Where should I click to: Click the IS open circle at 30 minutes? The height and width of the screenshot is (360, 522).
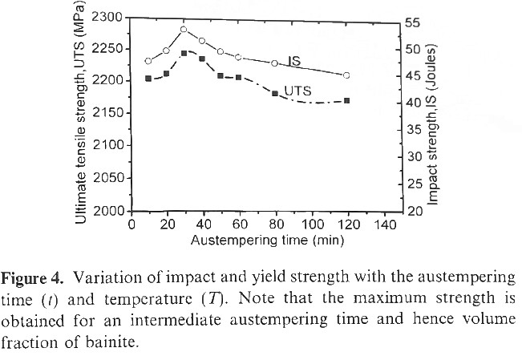coord(184,30)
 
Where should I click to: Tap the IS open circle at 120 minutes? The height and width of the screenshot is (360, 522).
coord(346,75)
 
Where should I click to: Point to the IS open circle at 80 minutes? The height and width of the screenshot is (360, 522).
coord(274,63)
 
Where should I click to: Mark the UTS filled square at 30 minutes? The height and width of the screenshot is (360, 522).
coord(184,53)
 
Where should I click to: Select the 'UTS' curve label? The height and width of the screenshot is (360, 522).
coord(297,91)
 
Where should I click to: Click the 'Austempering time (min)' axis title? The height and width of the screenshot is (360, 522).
coord(257,239)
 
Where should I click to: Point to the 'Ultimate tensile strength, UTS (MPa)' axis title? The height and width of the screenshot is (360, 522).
coord(80,114)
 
